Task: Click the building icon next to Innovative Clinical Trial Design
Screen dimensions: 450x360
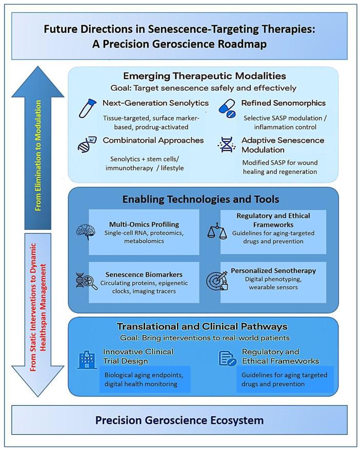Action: pyautogui.click(x=87, y=360)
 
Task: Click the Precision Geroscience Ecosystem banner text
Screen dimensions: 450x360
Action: pyautogui.click(x=179, y=421)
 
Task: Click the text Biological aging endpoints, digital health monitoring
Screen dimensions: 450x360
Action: pyautogui.click(x=145, y=379)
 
